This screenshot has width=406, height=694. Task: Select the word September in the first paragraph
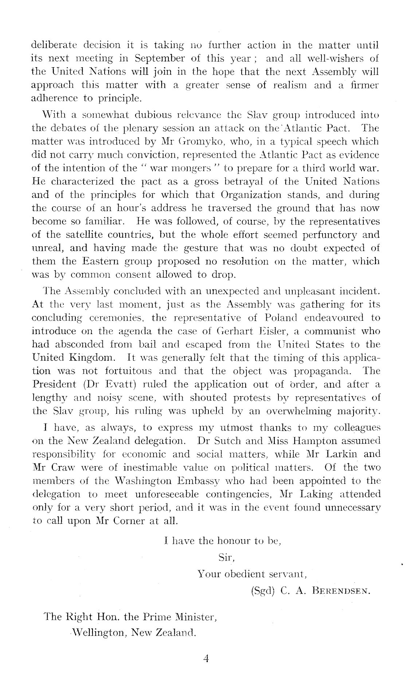click(158, 59)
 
